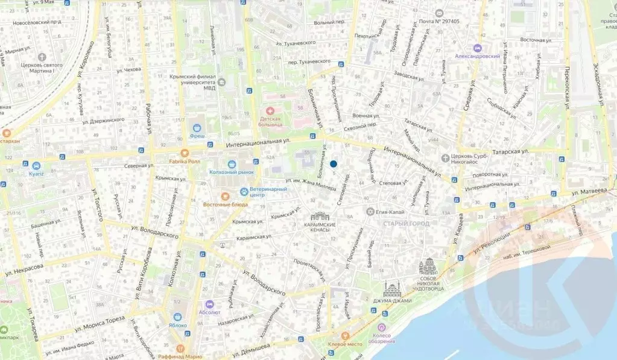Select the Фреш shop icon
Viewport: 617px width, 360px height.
[197, 127]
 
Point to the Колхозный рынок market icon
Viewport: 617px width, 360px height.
[232, 163]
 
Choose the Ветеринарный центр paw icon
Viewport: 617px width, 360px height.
[244, 192]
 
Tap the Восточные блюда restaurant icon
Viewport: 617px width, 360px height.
[224, 195]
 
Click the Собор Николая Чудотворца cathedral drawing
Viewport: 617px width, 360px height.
[430, 266]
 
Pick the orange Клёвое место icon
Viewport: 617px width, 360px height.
[345, 335]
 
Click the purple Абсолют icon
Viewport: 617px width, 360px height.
[209, 305]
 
